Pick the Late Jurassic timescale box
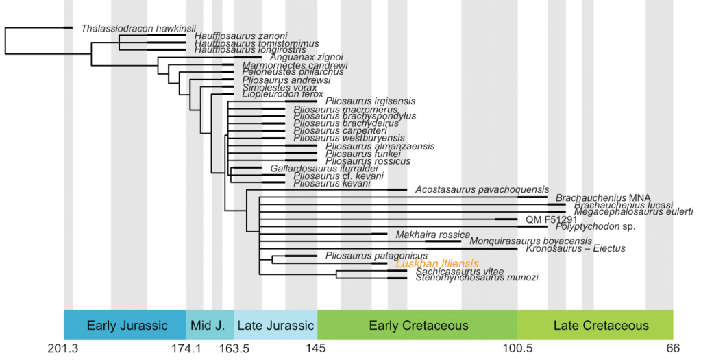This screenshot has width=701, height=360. pyautogui.click(x=275, y=326)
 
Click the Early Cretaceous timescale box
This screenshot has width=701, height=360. pyautogui.click(x=418, y=326)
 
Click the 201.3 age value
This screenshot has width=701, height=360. pyautogui.click(x=63, y=349)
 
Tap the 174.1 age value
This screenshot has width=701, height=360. pyautogui.click(x=186, y=349)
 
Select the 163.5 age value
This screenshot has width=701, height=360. pyautogui.click(x=234, y=349)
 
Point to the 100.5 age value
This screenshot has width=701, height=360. pyautogui.click(x=517, y=349)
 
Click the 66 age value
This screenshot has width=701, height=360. pyautogui.click(x=674, y=349)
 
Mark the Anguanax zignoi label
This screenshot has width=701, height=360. pyautogui.click(x=306, y=57)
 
